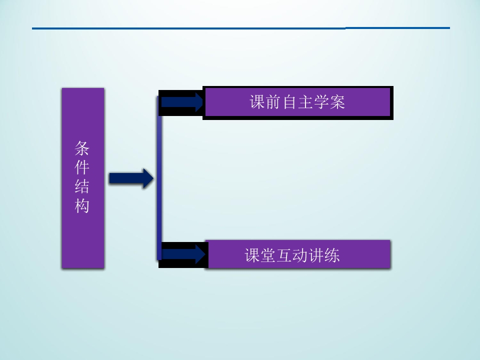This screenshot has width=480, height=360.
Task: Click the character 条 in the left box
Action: (81, 148)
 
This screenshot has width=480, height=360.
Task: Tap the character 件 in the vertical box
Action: (81, 167)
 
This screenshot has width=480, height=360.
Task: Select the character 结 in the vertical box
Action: (81, 186)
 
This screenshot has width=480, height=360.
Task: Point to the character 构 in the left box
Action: (81, 205)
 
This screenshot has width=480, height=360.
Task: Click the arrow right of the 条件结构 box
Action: (131, 178)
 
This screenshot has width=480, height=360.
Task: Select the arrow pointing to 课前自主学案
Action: (182, 102)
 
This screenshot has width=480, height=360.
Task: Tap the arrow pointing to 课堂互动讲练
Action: (183, 254)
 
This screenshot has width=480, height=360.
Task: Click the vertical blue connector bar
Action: (159, 178)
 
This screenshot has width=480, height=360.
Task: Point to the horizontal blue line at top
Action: (241, 28)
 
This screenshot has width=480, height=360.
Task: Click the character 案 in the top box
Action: (337, 102)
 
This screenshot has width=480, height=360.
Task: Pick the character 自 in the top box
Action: (289, 102)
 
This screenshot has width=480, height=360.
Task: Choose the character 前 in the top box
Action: (273, 102)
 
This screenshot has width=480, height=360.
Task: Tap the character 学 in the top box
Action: (321, 102)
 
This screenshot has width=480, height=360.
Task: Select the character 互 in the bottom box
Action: (284, 255)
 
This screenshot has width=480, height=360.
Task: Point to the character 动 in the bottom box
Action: (300, 255)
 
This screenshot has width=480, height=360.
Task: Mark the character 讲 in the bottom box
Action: (316, 255)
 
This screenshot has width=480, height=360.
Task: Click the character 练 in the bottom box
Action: (332, 255)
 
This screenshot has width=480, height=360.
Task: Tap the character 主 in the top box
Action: (305, 102)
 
